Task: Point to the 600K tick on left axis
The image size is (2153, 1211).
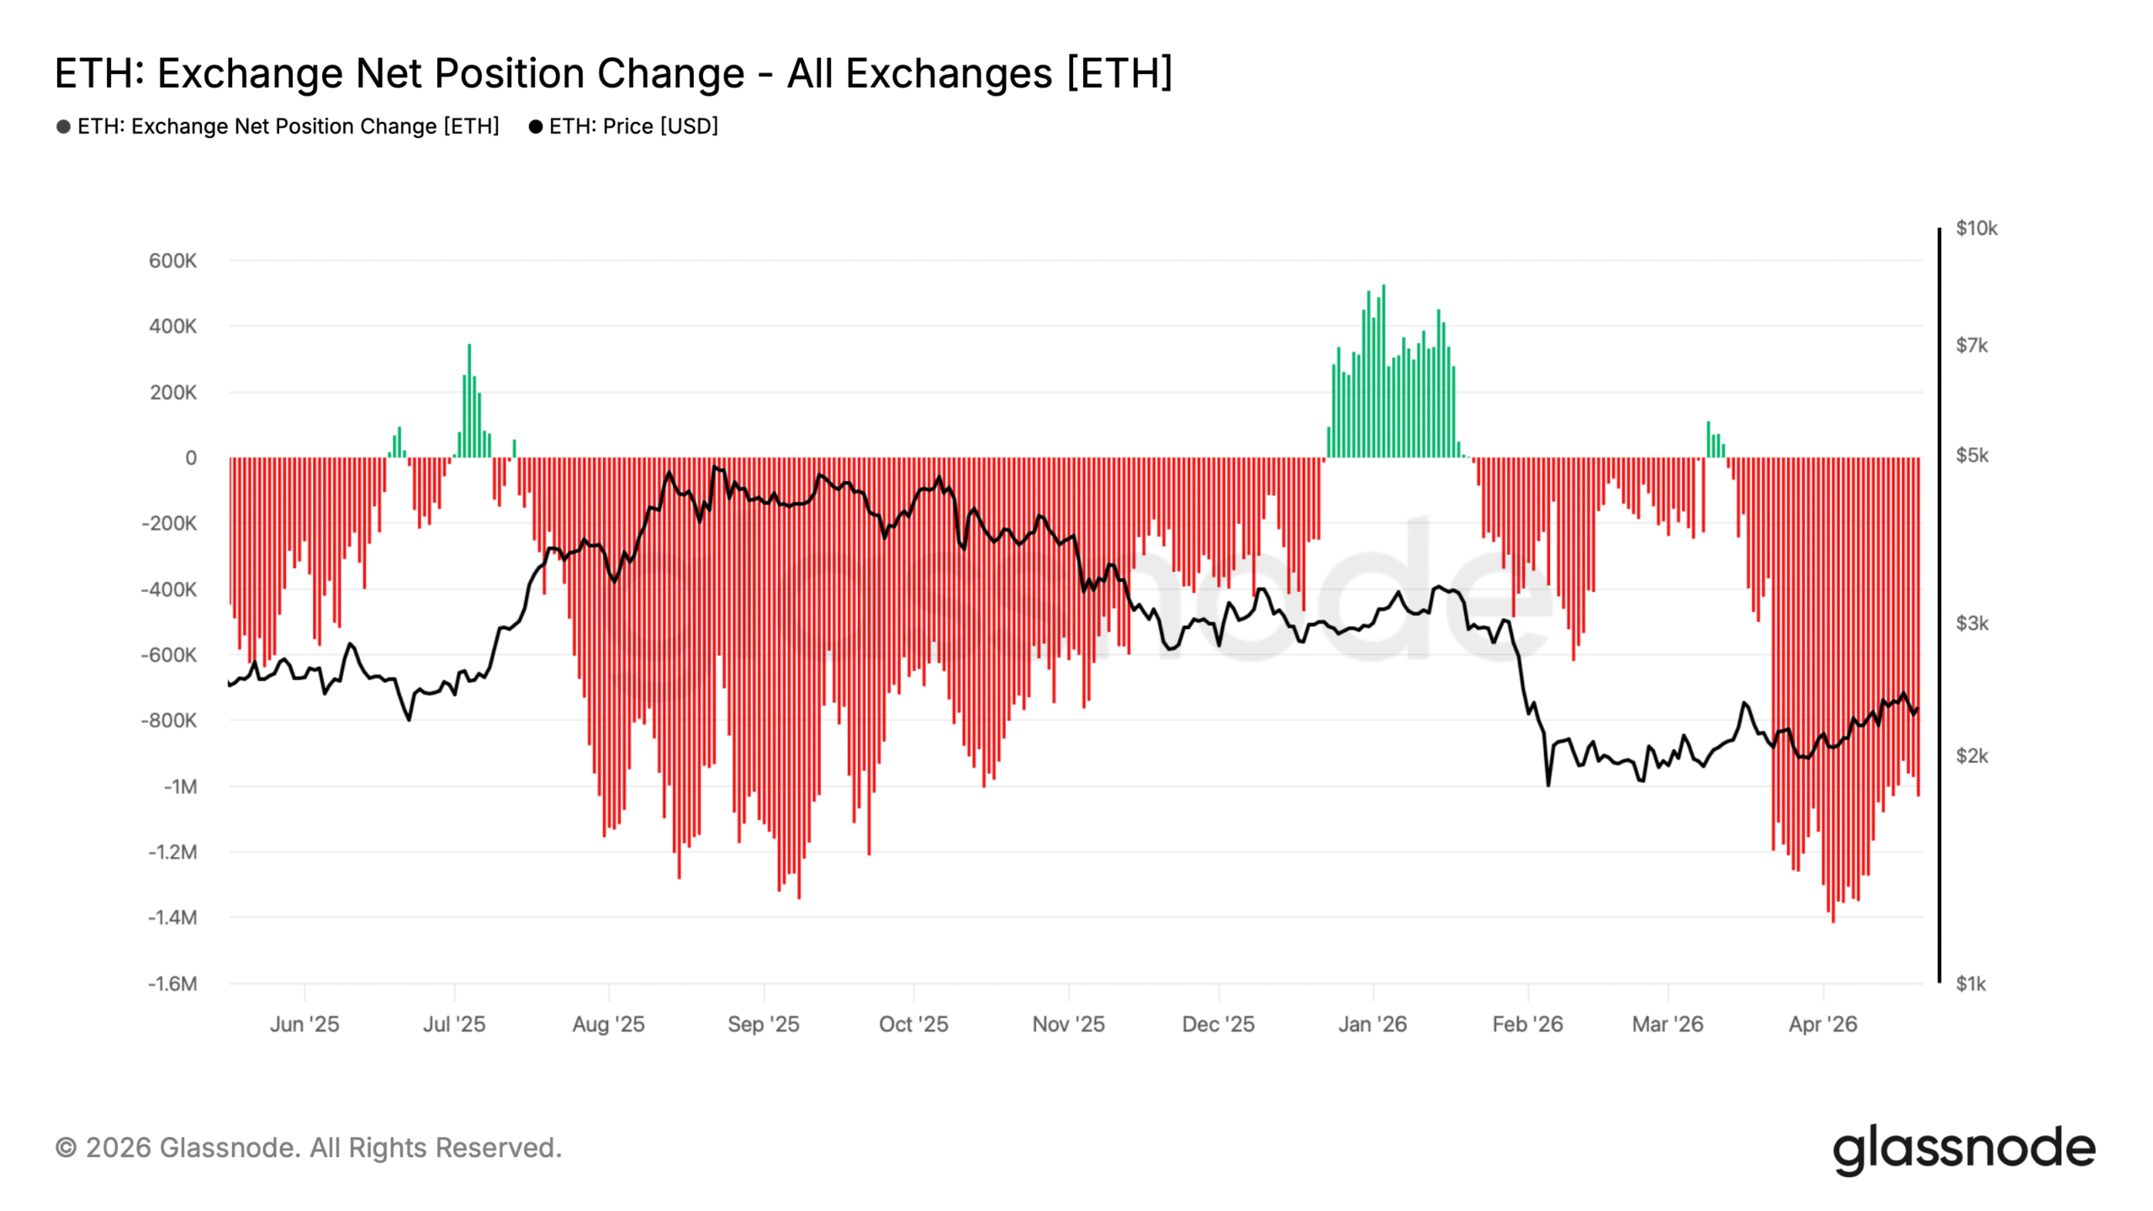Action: tap(172, 261)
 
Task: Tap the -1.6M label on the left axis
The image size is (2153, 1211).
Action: tap(172, 983)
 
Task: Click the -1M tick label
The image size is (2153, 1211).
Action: tap(180, 786)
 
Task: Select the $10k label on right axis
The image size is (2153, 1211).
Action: tap(1976, 229)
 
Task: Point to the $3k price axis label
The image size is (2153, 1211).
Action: tap(1971, 623)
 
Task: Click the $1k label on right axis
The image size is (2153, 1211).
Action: tap(1970, 983)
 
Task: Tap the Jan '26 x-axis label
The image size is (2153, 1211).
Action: tap(1373, 1024)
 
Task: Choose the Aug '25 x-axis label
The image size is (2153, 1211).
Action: tap(608, 1024)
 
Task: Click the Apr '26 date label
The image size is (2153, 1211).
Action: tap(1822, 1024)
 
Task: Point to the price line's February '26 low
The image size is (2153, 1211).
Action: tap(1548, 785)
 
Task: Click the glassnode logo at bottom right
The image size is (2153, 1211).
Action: tap(1964, 1149)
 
